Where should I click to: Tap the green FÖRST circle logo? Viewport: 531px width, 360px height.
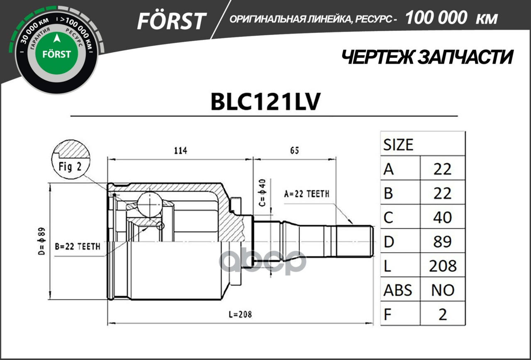[x=56, y=54]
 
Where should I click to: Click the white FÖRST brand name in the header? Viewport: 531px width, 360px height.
[x=171, y=21]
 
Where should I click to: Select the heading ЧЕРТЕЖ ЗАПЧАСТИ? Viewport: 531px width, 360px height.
[x=427, y=57]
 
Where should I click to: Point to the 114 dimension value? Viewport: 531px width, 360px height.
[x=180, y=150]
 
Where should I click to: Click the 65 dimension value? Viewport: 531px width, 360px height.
[x=294, y=150]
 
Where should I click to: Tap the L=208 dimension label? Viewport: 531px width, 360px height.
[x=240, y=314]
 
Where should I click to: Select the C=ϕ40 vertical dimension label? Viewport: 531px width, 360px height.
[x=263, y=193]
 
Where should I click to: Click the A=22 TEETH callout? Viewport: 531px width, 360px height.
[x=307, y=194]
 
